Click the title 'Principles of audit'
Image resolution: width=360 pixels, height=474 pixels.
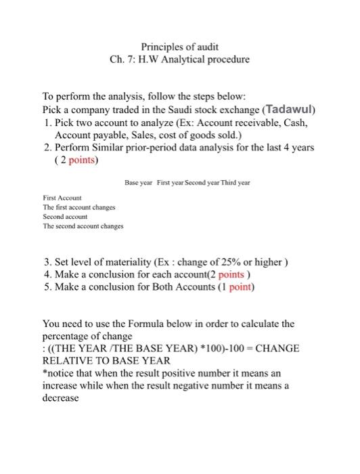pos(179,47)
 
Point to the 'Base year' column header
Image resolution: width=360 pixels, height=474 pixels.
pos(140,182)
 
